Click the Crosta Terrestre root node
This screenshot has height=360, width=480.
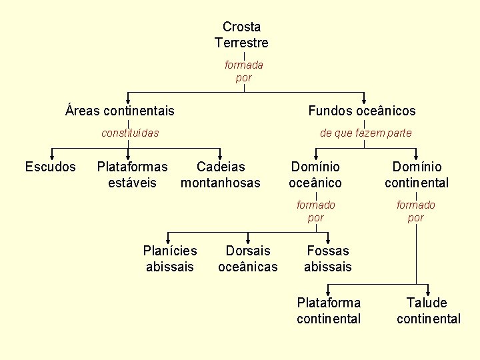coord(241,35)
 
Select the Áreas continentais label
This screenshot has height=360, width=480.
coord(120,111)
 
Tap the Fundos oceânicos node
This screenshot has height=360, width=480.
coord(362,111)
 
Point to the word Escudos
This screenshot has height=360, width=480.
coord(51,167)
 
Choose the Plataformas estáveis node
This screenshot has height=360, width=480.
coord(132,175)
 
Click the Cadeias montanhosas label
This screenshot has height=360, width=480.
coord(221,175)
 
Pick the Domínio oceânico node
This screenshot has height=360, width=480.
coord(315,175)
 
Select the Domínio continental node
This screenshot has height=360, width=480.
coord(417,175)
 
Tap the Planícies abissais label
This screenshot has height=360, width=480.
coord(170,259)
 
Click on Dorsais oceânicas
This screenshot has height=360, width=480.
coord(248,259)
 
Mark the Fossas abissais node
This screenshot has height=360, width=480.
coord(327,259)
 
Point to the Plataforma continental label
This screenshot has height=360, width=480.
coord(329,311)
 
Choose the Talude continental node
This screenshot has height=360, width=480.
coord(428,311)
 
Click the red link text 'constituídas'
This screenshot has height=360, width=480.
coord(130,133)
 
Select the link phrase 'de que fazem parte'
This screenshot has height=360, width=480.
coord(366,133)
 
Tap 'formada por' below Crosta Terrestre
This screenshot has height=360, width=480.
coord(244,71)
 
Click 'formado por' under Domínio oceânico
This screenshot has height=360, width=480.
coord(316,211)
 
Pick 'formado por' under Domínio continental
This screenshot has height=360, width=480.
coord(416,211)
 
